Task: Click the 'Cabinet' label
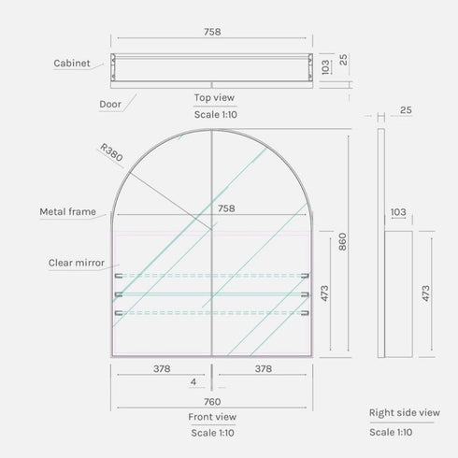[x=71, y=64]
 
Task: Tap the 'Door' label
[x=110, y=105]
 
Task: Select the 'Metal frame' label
[x=67, y=212]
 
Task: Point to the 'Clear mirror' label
[x=77, y=264]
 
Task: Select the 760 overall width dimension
[x=212, y=402]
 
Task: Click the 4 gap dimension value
[x=193, y=382]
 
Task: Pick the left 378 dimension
[x=161, y=368]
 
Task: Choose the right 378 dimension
[x=264, y=368]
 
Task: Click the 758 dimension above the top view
[x=212, y=32]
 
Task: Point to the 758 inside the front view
[x=225, y=208]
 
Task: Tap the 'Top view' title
[x=214, y=97]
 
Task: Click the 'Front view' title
[x=212, y=417]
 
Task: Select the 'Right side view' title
[x=404, y=411]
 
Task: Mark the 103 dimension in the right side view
[x=398, y=213]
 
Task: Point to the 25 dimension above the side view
[x=405, y=110]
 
